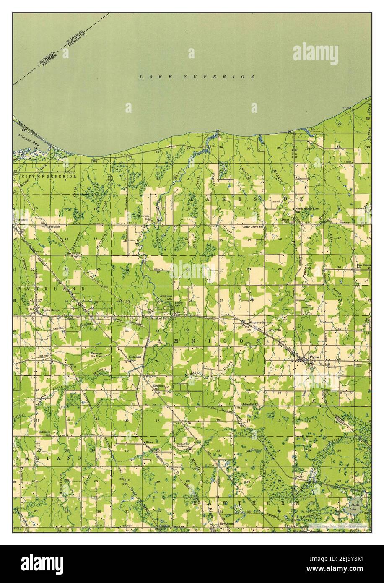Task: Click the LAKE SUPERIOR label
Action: tap(197, 77)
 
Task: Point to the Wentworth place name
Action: tap(255, 322)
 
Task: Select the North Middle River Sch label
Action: tap(307, 210)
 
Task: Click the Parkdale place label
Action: tap(54, 226)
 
